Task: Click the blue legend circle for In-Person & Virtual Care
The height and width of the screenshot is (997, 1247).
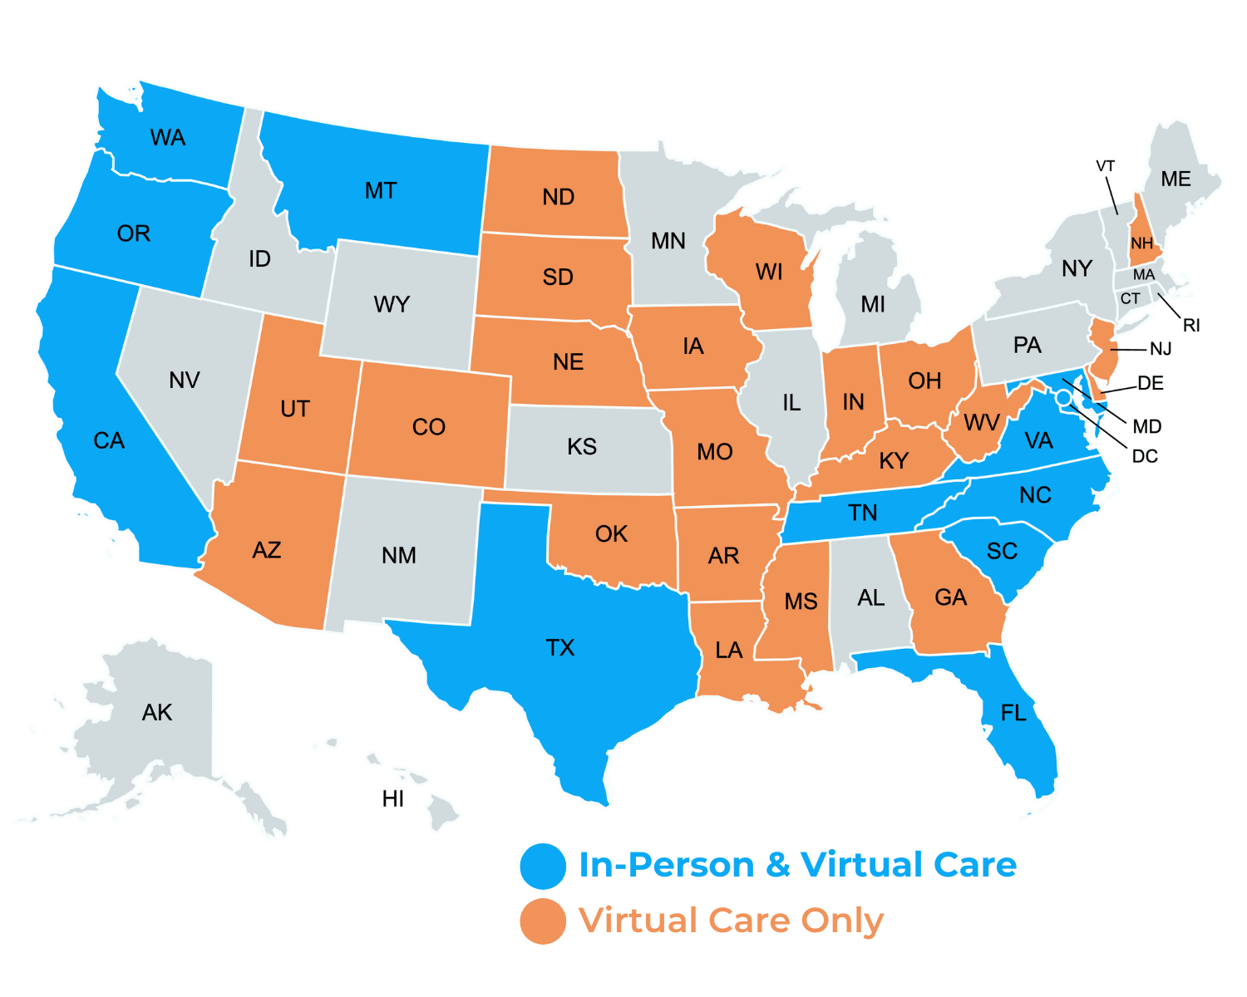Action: pos(543,866)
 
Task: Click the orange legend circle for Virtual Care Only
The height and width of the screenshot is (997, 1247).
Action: pos(543,921)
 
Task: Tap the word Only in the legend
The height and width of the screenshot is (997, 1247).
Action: pos(842,921)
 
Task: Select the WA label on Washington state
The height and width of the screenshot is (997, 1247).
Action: pos(167,138)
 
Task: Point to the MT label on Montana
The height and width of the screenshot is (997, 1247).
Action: pos(381,191)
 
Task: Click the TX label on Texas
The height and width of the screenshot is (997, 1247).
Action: pos(560,648)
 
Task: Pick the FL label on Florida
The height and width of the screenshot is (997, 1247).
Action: pos(1013,713)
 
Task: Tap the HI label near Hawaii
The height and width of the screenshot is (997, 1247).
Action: pos(393,799)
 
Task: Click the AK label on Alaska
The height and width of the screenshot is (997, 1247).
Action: pos(157,713)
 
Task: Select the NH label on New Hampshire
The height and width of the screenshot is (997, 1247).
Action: pos(1142,243)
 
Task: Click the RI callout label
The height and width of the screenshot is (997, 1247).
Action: pos(1191,326)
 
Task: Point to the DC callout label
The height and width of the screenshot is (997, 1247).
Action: pos(1145,456)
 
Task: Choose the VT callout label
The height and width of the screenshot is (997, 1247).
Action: pos(1105,166)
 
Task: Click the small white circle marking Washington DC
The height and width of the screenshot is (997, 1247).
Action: pos(1063,399)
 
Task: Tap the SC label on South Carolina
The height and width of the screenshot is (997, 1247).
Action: pos(1002,552)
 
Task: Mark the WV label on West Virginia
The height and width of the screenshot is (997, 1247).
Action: pos(981,423)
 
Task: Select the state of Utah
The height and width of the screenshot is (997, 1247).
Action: pos(295,409)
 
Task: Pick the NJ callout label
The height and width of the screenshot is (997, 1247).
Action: pos(1161,349)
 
